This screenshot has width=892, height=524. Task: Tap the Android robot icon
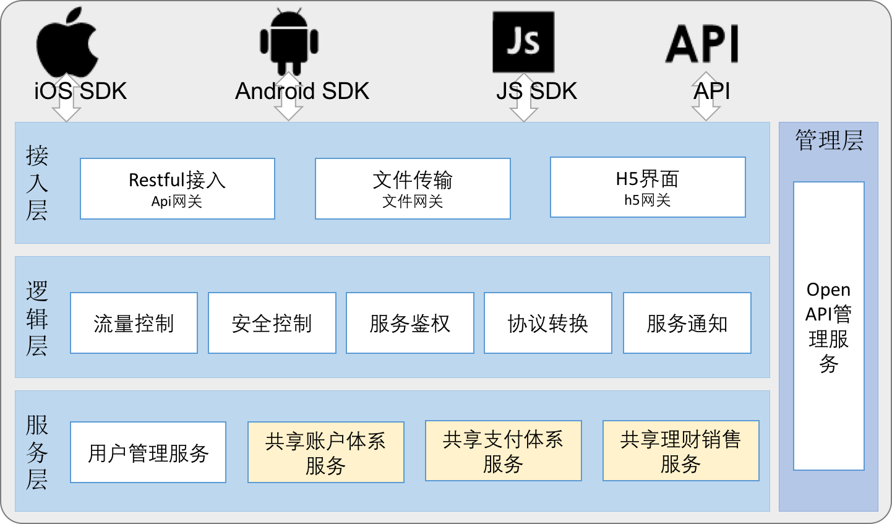(289, 40)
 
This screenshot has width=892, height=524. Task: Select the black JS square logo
(523, 42)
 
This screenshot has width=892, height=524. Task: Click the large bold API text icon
(702, 43)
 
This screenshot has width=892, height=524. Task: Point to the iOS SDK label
(80, 91)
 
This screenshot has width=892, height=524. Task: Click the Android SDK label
(302, 91)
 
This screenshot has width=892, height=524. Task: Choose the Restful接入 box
(177, 189)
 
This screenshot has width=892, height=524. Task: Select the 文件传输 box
(413, 189)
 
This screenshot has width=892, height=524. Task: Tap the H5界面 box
(648, 187)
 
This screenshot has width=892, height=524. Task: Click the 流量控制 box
(134, 323)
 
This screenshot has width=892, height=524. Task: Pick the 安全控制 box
(272, 323)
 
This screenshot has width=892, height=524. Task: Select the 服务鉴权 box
(410, 323)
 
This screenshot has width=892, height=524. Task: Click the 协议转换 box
(548, 323)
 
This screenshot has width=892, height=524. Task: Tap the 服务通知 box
(687, 323)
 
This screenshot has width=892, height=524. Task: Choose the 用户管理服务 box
(148, 452)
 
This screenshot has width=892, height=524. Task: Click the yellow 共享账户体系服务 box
(326, 452)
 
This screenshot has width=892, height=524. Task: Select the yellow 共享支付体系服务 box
(504, 451)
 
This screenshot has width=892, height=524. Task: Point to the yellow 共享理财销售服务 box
(681, 451)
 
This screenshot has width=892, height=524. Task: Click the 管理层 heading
(829, 140)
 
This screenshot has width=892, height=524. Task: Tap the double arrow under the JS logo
(524, 97)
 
